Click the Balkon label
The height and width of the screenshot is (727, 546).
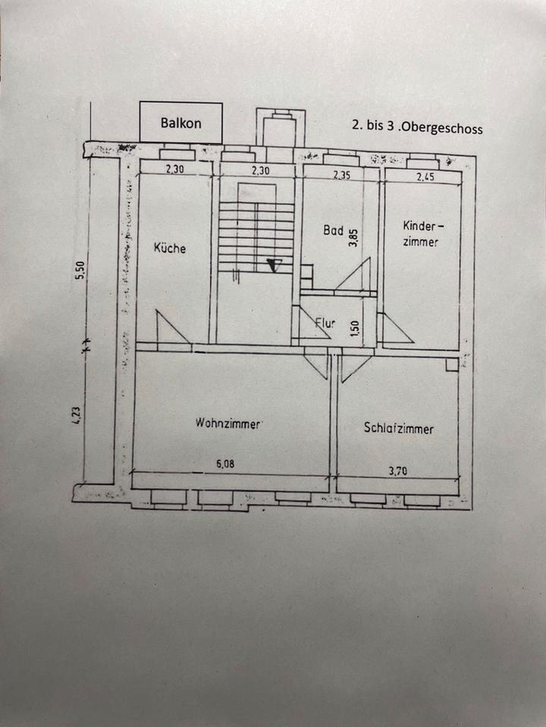180,123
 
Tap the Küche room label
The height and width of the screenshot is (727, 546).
169,248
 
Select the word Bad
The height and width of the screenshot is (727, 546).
333,230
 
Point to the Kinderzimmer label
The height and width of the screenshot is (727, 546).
421,233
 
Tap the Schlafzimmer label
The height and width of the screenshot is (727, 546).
399,429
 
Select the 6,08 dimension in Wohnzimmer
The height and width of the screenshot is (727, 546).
224,465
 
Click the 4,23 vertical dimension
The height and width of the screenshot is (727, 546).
77,417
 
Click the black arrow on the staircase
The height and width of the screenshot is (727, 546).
275,264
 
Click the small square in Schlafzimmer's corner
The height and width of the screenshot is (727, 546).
452,365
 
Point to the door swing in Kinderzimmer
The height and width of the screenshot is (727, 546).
394,329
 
